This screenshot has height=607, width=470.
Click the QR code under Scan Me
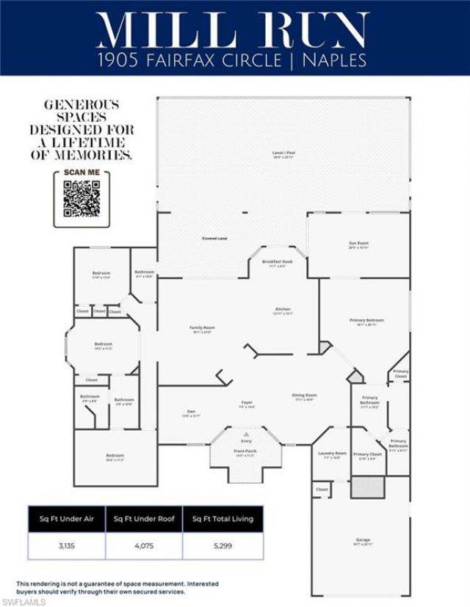pyautogui.click(x=81, y=199)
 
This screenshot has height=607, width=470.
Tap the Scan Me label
pyautogui.click(x=81, y=173)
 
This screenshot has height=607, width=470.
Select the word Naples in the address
pyautogui.click(x=339, y=59)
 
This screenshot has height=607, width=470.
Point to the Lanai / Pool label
pyautogui.click(x=283, y=153)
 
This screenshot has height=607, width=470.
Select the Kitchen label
pyautogui.click(x=283, y=309)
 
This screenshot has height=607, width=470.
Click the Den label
pyautogui.click(x=191, y=410)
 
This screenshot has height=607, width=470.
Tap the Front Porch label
pyautogui.click(x=245, y=452)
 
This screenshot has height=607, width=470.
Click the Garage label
pyautogui.click(x=364, y=540)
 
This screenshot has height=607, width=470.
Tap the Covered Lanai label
pyautogui.click(x=214, y=239)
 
